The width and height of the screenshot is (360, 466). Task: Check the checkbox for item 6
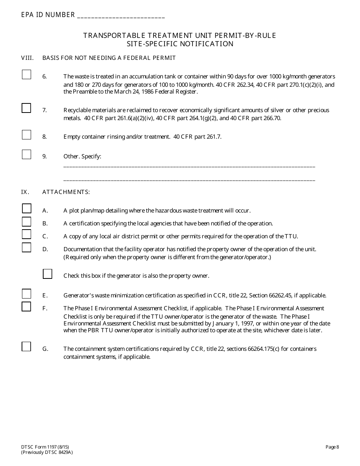coord(26,75)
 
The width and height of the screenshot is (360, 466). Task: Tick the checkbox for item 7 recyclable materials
coord(26,108)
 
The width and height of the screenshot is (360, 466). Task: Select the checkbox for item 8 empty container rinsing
coord(26,134)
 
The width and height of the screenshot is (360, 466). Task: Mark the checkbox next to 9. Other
coord(26,154)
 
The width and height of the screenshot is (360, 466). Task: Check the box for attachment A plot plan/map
coord(26,208)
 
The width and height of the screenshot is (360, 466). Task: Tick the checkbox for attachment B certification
coord(26,221)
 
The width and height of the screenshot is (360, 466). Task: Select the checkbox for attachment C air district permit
coord(26,234)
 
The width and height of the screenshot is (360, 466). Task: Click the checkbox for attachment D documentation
coord(26,247)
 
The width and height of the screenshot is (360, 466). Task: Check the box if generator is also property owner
coord(47,274)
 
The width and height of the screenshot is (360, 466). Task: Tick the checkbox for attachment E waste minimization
coord(26,294)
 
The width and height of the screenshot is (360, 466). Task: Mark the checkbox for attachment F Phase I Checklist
coord(26,306)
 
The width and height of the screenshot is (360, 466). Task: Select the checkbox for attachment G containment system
coord(26,346)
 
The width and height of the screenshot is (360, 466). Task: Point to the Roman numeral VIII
coord(27,58)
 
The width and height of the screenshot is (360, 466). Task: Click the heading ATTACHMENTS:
coord(66,192)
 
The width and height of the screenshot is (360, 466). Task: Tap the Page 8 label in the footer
coord(332,447)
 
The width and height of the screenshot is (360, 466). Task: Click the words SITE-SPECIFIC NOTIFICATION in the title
coord(180,44)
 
